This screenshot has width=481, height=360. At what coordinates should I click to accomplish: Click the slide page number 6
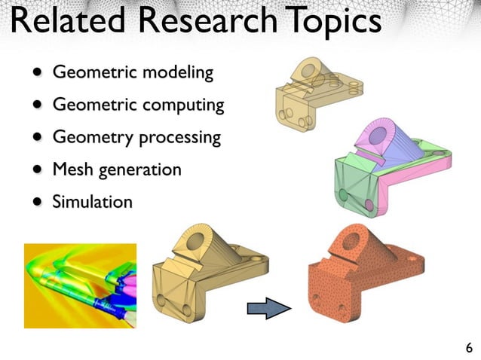pos(469,348)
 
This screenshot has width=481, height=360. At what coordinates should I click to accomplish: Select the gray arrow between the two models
pos(269,307)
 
